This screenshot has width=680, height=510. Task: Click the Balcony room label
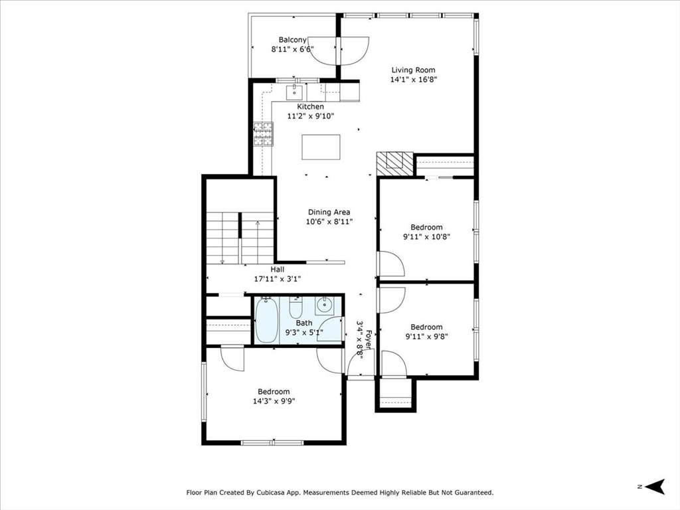tap(292, 40)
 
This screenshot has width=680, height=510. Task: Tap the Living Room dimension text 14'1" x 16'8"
tap(413, 80)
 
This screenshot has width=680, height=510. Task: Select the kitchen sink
tap(294, 92)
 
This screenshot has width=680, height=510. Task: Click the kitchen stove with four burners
tap(263, 133)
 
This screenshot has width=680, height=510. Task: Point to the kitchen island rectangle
tap(321, 147)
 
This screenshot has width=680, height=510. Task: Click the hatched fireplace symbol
tap(394, 164)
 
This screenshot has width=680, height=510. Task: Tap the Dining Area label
tap(329, 212)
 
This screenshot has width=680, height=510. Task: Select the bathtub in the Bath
tap(266, 320)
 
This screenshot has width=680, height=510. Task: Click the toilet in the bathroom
tap(296, 308)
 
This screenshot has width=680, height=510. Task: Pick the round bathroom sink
tap(324, 305)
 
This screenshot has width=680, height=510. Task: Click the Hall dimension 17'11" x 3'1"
tap(278, 279)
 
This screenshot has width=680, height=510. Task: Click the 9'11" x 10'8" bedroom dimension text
tap(427, 237)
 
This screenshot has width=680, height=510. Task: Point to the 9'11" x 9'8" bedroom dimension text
tap(427, 337)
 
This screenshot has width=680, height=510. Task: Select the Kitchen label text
tap(310, 107)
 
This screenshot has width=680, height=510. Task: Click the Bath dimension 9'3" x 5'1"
tap(304, 333)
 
